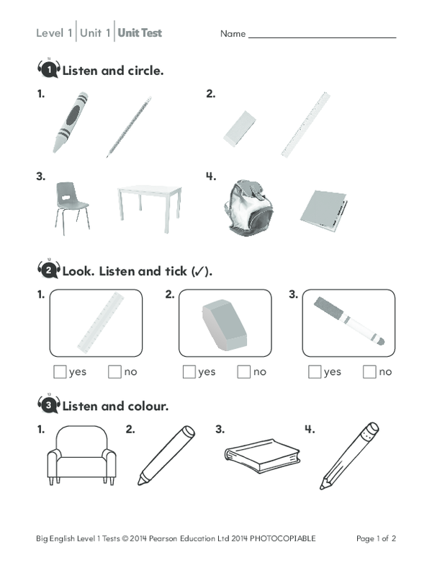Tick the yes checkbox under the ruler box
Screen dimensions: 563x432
(60, 372)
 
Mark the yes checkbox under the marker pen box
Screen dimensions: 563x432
(315, 372)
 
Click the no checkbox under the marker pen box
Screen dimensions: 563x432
(369, 372)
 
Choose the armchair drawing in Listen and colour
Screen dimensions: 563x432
(81, 457)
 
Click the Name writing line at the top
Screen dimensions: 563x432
(322, 35)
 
